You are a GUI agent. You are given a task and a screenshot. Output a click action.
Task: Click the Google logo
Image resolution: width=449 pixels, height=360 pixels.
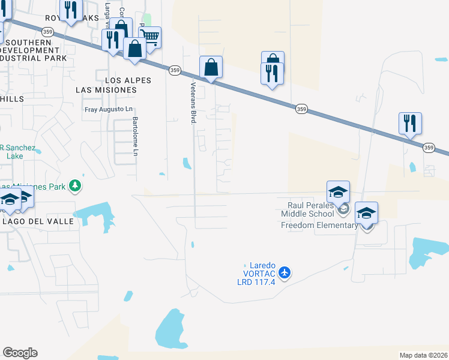coord(20,353)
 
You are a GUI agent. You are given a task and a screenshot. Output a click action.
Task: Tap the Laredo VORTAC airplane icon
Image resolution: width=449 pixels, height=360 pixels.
coord(284,273)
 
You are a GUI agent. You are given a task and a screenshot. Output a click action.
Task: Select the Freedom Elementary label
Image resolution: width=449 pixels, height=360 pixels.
coord(320,226)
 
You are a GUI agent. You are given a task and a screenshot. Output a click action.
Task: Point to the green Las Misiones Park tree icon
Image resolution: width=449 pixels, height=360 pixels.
coord(75,187)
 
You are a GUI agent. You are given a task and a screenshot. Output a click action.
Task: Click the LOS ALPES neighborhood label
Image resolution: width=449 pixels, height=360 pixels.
coord(128,80)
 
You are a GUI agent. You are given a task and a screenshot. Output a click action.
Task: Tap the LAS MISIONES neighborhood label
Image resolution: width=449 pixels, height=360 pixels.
coord(106,89)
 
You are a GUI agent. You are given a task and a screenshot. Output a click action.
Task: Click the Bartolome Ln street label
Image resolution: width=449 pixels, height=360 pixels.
coord(136,137)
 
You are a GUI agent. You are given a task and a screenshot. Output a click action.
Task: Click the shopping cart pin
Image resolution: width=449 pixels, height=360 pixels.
coord(150,37)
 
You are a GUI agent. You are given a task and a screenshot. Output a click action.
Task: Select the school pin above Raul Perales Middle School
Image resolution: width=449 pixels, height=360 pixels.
coord(338,192)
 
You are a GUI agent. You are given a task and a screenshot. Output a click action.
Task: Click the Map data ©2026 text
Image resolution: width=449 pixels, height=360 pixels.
coord(424,355)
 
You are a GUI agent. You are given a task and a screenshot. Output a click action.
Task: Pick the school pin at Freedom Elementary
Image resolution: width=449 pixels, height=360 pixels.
coord(366,213)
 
